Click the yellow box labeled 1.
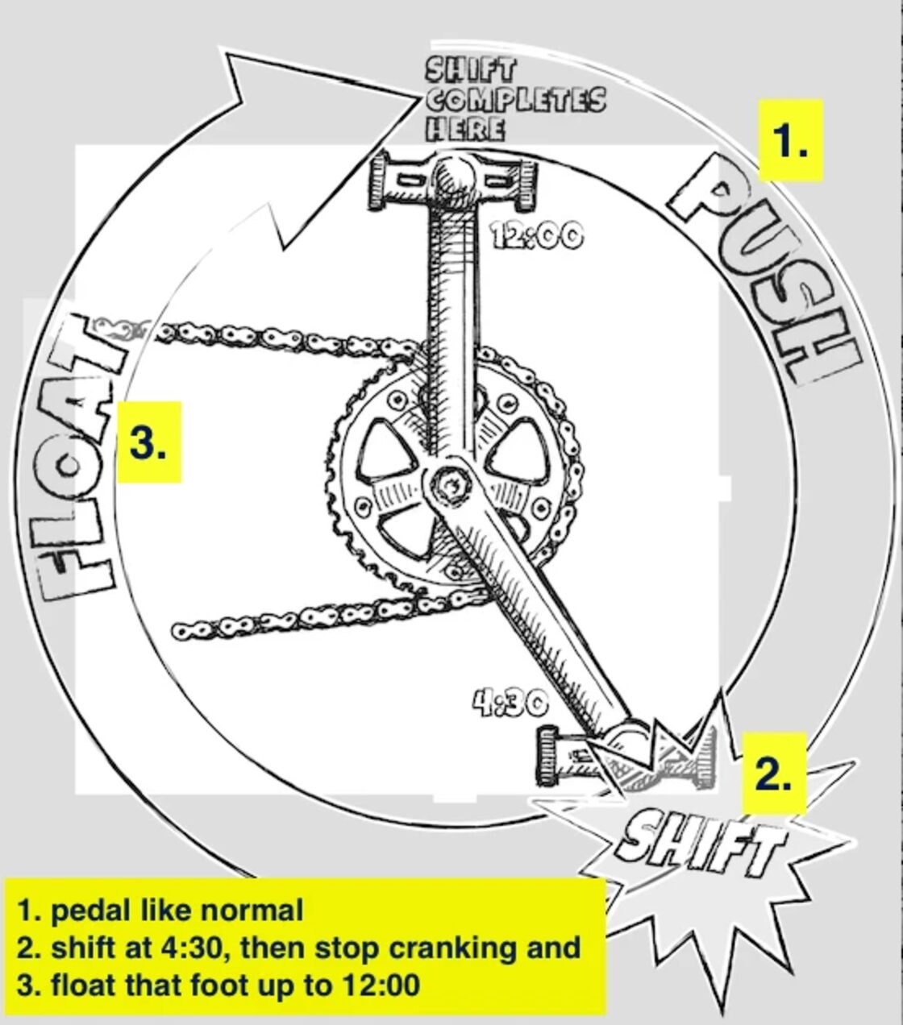pyautogui.click(x=790, y=140)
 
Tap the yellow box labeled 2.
pyautogui.click(x=773, y=773)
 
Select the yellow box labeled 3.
pyautogui.click(x=149, y=442)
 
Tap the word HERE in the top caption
pyautogui.click(x=465, y=129)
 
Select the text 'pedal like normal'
pyautogui.click(x=177, y=910)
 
